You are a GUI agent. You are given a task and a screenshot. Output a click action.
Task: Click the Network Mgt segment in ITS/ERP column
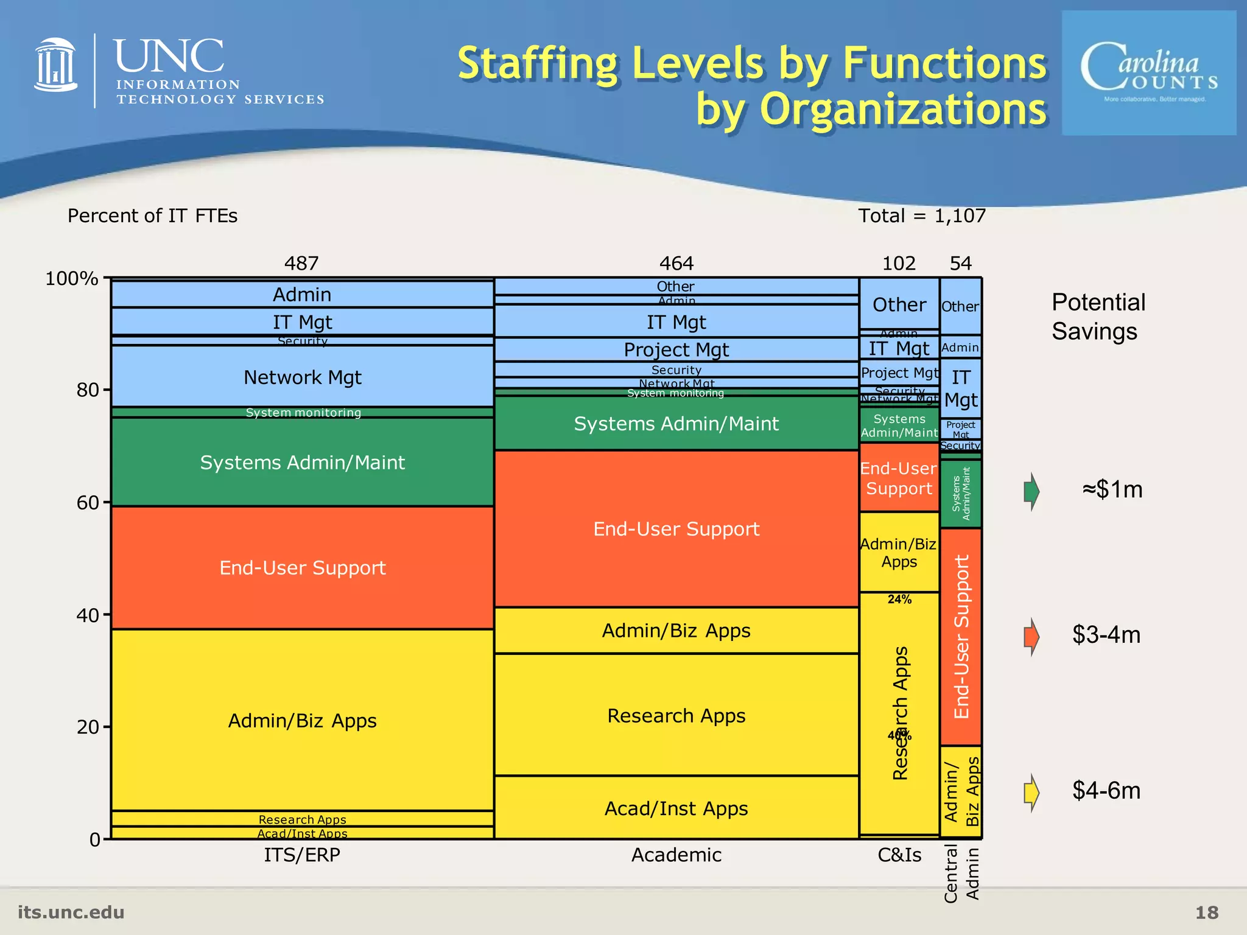click(302, 377)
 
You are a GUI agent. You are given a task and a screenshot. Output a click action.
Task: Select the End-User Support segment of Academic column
click(676, 528)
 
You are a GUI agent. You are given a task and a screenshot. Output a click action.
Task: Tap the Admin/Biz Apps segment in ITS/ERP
click(302, 720)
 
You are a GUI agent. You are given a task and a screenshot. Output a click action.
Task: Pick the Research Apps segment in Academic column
click(676, 715)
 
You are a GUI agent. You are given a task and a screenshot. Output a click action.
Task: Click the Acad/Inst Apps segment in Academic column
click(676, 808)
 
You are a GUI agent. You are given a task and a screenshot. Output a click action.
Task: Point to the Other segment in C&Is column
click(899, 304)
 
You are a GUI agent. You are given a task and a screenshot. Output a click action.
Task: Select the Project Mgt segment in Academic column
click(676, 349)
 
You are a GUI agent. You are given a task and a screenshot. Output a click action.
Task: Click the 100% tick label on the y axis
click(72, 279)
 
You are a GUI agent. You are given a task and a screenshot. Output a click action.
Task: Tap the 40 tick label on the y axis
click(88, 615)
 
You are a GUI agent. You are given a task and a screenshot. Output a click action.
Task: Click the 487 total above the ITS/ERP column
click(301, 263)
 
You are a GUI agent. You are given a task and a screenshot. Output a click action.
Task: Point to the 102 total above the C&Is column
click(899, 263)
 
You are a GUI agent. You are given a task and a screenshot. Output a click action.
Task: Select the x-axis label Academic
click(676, 855)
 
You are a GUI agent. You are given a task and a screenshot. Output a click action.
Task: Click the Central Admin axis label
click(961, 873)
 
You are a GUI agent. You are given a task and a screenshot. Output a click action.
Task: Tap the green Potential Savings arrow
click(1031, 491)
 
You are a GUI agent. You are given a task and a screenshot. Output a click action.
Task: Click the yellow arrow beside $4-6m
click(1031, 792)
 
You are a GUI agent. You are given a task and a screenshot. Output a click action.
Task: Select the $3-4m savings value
click(1106, 635)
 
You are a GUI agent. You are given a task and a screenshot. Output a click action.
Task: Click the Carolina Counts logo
click(1149, 73)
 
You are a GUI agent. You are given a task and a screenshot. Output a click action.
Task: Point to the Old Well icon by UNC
click(56, 65)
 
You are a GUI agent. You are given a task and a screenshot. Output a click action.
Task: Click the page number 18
click(1207, 912)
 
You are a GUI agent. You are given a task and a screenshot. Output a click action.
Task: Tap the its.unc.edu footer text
click(71, 912)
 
